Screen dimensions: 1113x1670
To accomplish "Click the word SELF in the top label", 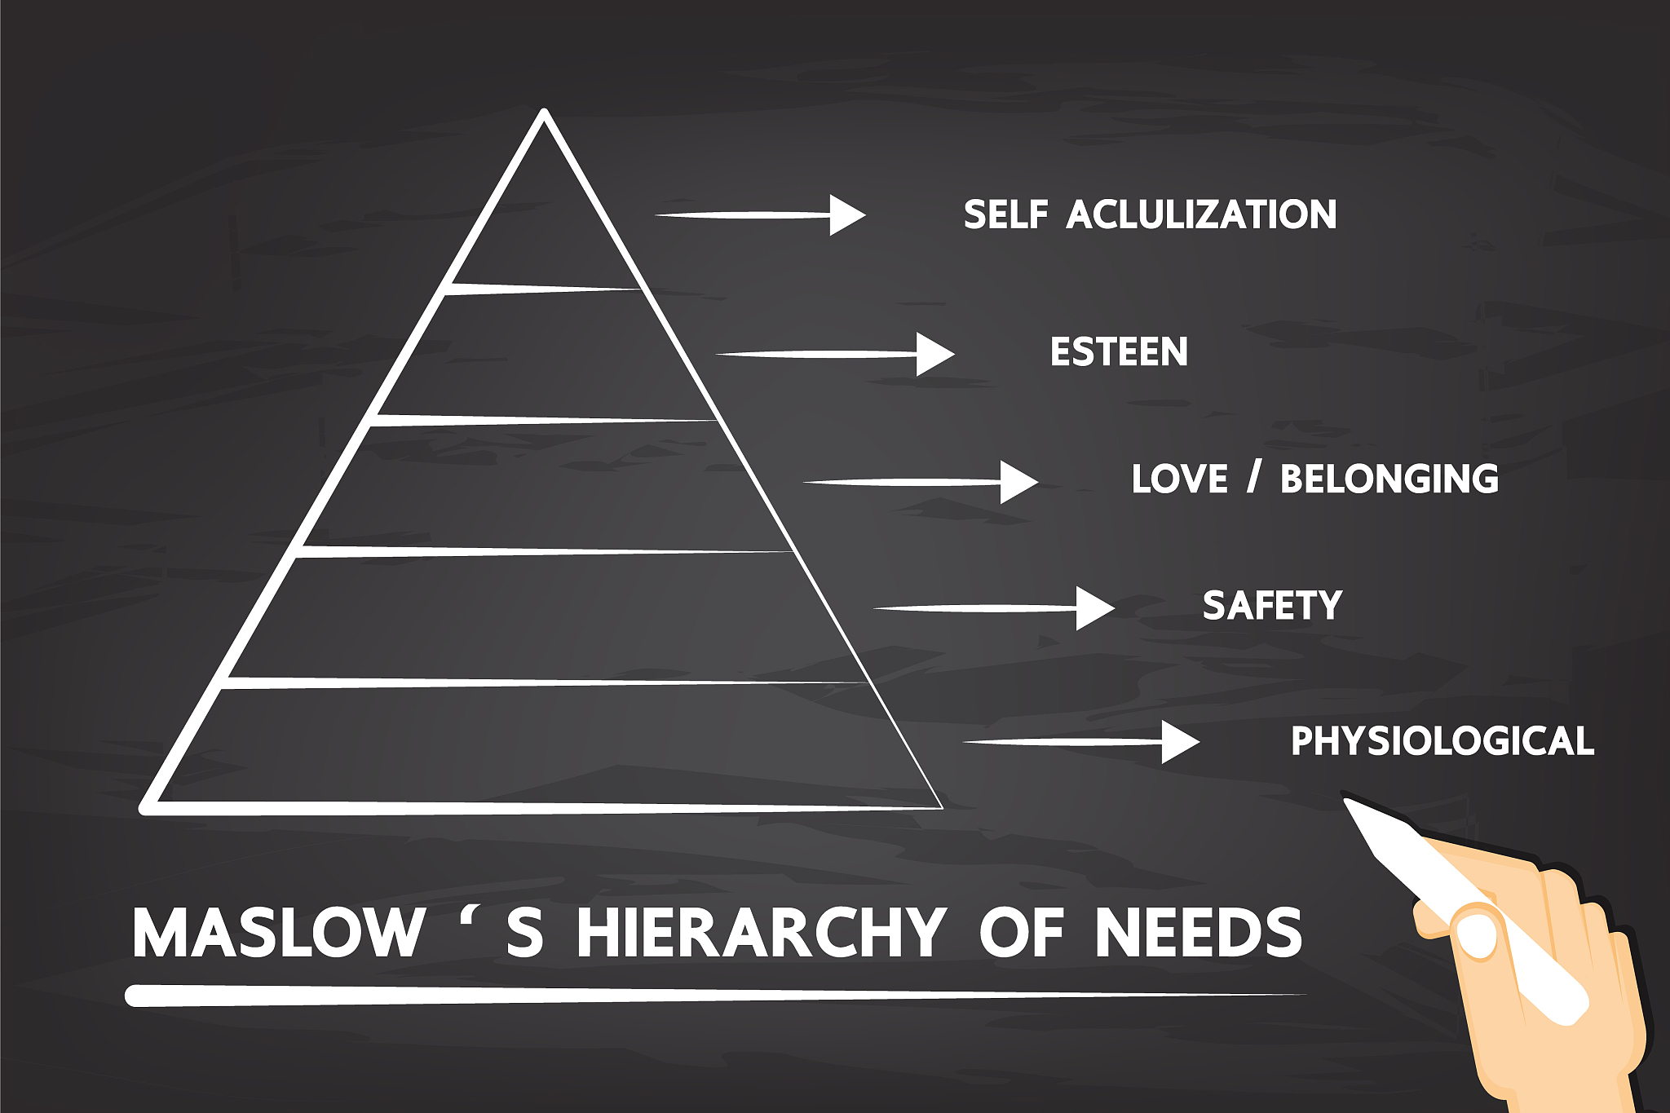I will [x=1005, y=214].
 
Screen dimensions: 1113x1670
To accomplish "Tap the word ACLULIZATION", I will [x=1201, y=214].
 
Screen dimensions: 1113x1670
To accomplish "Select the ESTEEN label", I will [x=1119, y=352].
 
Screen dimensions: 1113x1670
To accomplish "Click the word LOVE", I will [x=1179, y=479].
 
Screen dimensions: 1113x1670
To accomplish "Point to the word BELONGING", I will [x=1389, y=479].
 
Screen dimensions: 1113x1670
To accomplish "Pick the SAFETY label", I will [x=1272, y=606].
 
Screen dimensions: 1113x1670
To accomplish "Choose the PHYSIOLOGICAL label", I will [x=1442, y=741].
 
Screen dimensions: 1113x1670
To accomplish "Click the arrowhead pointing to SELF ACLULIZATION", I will [x=846, y=215].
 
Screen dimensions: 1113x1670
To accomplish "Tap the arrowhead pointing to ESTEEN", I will [x=934, y=354].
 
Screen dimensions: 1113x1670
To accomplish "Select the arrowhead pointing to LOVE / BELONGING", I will [x=1018, y=482].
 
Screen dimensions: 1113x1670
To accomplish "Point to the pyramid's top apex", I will [x=545, y=114].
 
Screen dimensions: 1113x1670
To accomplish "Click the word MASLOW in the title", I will [x=278, y=933].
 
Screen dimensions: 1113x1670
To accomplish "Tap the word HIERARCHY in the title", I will [x=760, y=933].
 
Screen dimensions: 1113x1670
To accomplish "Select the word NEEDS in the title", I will [x=1198, y=933].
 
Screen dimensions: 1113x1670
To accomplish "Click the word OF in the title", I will [x=1022, y=933].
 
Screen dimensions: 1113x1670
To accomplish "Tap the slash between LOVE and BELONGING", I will [x=1254, y=477].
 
